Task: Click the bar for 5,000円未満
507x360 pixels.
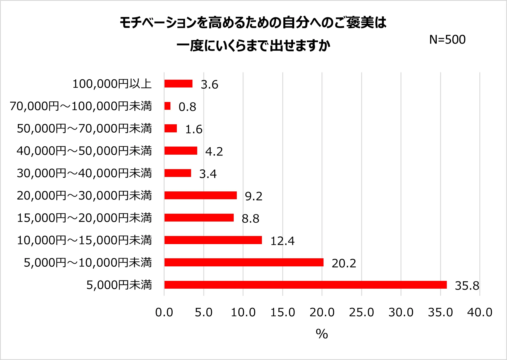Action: [x=305, y=285]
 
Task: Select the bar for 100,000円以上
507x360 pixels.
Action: [x=178, y=84]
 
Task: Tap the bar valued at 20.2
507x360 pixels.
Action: [x=244, y=262]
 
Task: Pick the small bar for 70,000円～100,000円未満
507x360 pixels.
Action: [x=167, y=106]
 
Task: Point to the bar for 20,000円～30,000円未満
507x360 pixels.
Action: [x=201, y=195]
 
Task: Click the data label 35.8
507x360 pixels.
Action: [x=467, y=286]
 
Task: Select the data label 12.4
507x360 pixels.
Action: [x=282, y=241]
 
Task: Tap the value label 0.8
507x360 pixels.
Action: [x=187, y=107]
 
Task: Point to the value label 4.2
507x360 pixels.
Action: [x=214, y=152]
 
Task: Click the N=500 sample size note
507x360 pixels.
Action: [x=447, y=40]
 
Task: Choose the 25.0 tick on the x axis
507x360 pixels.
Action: [x=361, y=312]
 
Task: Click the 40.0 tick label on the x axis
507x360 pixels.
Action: [x=480, y=312]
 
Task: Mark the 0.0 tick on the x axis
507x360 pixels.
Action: [x=164, y=312]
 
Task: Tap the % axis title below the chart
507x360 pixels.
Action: [x=322, y=334]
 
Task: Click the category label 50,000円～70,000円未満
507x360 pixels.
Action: [x=84, y=128]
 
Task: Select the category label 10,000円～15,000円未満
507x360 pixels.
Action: [x=84, y=240]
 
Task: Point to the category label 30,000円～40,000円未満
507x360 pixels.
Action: [x=84, y=173]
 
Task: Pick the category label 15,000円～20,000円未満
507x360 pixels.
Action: [x=84, y=218]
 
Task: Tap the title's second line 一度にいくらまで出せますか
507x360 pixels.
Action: [x=253, y=45]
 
